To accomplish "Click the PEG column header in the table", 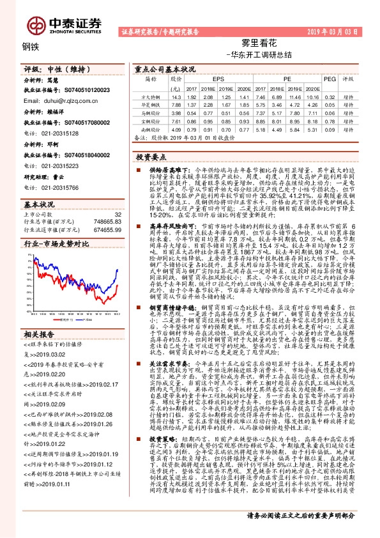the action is click(329, 79).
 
